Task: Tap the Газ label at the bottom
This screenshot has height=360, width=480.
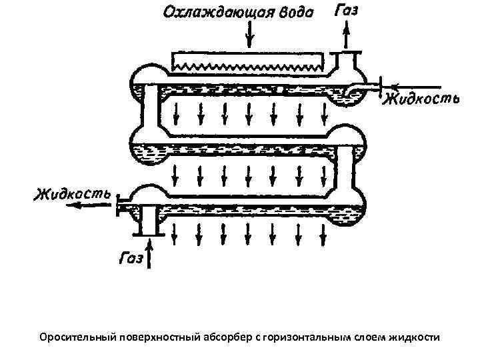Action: click(131, 258)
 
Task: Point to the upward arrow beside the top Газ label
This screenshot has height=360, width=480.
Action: click(347, 33)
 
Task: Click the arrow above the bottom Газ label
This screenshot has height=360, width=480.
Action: click(151, 253)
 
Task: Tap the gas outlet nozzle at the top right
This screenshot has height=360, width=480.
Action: click(347, 60)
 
